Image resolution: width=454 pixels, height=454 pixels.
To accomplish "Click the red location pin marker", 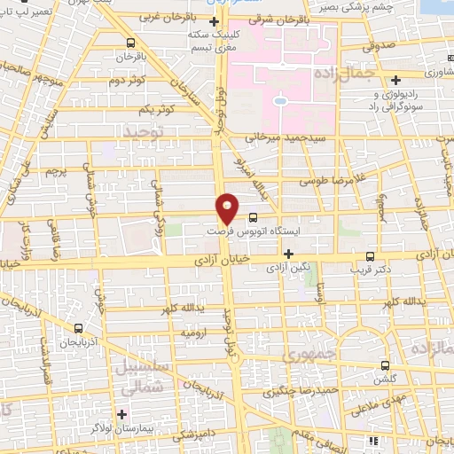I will (228, 207).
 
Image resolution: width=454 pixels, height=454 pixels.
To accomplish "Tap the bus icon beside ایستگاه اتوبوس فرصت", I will (254, 216).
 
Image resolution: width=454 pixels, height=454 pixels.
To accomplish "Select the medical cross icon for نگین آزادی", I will (288, 253).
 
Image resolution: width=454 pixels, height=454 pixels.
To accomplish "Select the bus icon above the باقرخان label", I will (131, 42).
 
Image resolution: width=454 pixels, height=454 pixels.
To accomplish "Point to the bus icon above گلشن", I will (385, 364).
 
